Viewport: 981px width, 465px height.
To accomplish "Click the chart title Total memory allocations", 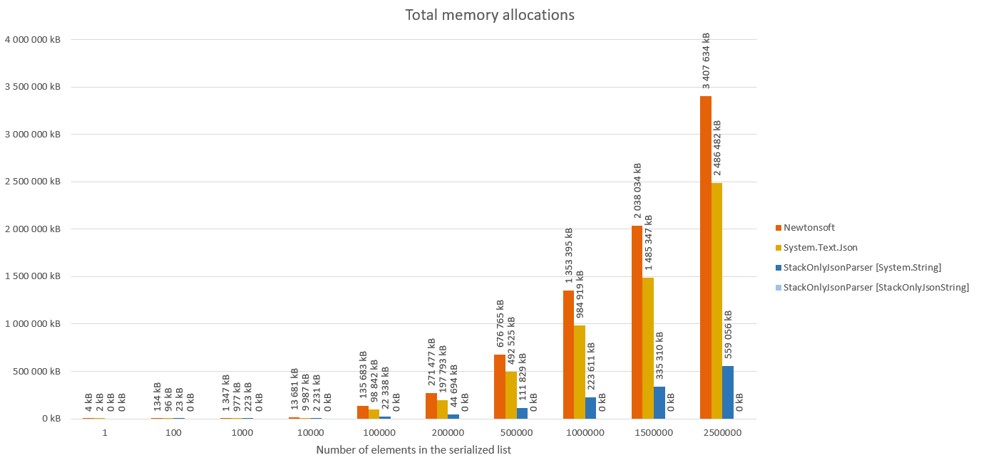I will [x=490, y=15].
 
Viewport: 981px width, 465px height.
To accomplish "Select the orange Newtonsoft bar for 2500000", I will [x=706, y=256].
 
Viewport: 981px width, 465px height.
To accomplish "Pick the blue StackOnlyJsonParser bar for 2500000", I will [x=728, y=392].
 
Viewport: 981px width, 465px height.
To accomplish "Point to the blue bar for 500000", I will [x=523, y=413].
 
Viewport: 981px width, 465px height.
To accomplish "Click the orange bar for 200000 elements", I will [x=431, y=406].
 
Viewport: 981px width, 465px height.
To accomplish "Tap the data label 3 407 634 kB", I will [x=707, y=61].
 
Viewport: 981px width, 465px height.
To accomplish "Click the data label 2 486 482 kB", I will [x=717, y=147].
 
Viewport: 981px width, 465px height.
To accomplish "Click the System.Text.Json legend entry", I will [x=820, y=248].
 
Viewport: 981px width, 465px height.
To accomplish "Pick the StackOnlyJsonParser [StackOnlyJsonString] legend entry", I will [x=875, y=288].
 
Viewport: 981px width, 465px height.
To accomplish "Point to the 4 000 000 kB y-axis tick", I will [x=32, y=40].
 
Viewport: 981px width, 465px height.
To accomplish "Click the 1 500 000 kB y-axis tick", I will [x=32, y=276].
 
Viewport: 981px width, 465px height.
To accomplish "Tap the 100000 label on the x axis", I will [x=379, y=432].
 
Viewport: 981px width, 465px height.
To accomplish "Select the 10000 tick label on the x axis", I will [x=310, y=432].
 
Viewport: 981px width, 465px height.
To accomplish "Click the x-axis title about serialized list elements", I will [x=414, y=450].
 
